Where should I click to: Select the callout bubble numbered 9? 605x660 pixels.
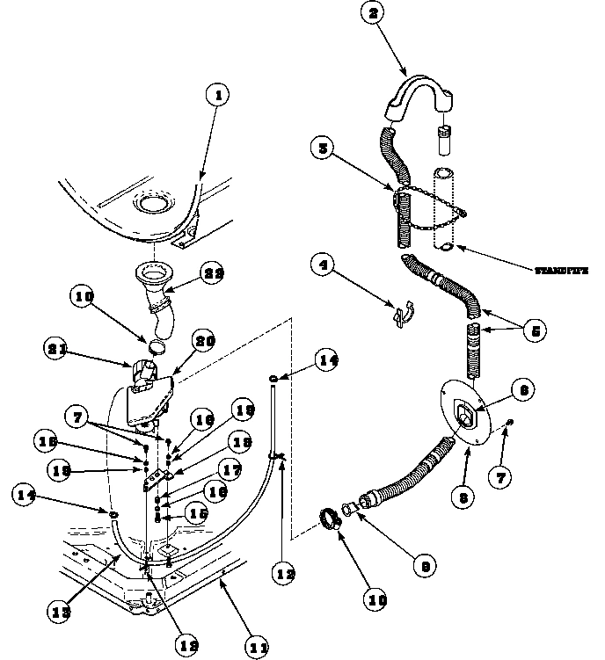[x=425, y=567]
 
